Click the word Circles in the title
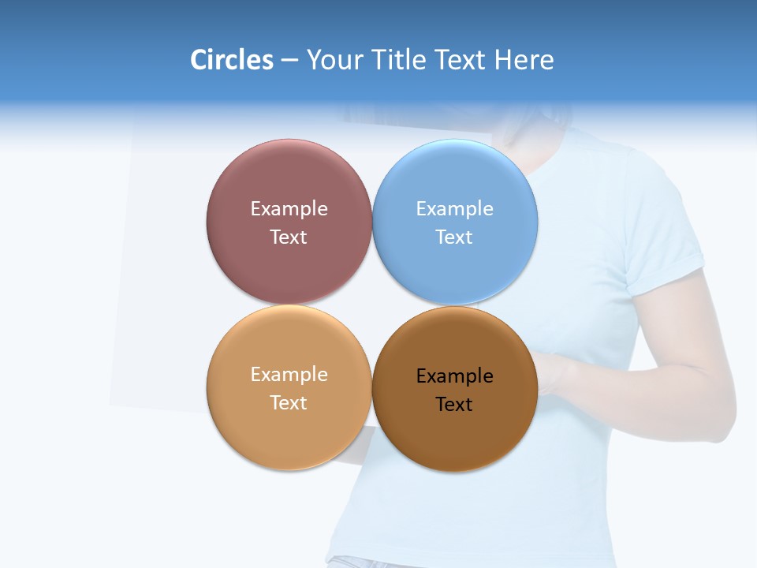tap(231, 60)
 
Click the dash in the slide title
tap(289, 61)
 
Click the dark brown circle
tap(455, 434)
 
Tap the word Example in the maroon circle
tap(289, 209)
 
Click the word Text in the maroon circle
tap(289, 237)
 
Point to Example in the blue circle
tap(455, 209)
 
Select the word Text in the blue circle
tap(455, 237)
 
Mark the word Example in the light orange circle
tap(289, 375)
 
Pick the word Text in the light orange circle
tap(289, 403)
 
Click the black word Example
tap(455, 376)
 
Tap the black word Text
tap(455, 405)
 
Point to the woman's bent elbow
tap(722, 410)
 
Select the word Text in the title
tap(461, 60)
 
